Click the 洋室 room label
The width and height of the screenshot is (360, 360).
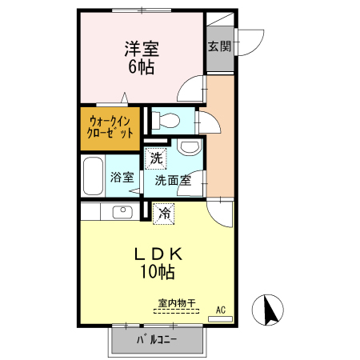click(x=141, y=47)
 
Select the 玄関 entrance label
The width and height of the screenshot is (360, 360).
click(x=219, y=45)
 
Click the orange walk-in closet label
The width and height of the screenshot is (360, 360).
click(x=110, y=128)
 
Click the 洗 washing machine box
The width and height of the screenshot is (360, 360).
click(x=156, y=158)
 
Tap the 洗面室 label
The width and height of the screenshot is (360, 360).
click(x=172, y=180)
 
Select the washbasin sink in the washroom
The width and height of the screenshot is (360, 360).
click(x=188, y=147)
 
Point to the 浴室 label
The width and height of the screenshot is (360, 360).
click(x=122, y=178)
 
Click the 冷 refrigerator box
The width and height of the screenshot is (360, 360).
click(x=164, y=214)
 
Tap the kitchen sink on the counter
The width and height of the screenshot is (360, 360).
click(x=122, y=212)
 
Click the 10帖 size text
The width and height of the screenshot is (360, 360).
click(x=158, y=274)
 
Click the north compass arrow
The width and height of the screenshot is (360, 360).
click(x=270, y=309)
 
